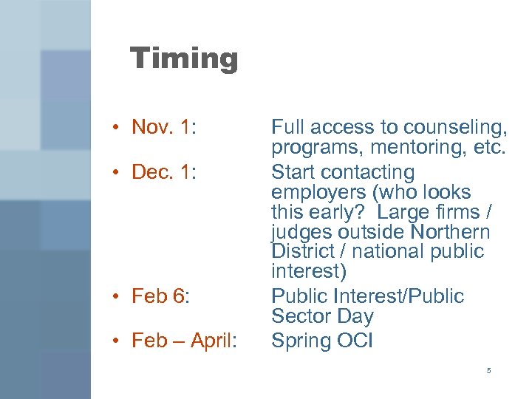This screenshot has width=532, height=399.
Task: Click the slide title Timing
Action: click(184, 58)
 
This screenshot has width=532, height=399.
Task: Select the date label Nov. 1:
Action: click(163, 127)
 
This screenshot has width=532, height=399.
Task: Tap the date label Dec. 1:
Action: click(164, 172)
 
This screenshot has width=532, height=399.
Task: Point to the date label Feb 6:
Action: click(160, 296)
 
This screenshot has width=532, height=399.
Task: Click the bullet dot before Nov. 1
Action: click(117, 128)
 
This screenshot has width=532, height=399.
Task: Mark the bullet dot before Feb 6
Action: click(117, 297)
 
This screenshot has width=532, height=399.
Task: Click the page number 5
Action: click(488, 370)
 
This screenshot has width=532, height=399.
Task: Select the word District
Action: click(303, 252)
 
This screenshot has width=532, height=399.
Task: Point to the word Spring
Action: click(301, 341)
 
